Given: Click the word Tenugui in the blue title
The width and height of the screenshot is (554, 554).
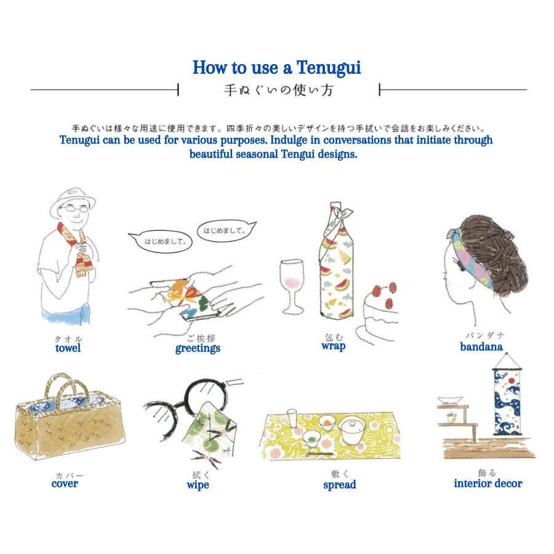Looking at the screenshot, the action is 329,68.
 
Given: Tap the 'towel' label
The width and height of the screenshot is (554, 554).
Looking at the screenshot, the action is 68,348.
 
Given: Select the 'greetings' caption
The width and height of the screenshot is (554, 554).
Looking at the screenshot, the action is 198,349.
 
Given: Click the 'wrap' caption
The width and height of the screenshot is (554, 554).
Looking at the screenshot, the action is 334,346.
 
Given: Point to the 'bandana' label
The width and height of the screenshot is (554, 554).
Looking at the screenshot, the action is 481,347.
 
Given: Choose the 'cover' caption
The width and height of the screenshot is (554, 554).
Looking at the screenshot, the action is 65,483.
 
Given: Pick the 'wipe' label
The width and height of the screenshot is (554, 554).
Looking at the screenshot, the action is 198,485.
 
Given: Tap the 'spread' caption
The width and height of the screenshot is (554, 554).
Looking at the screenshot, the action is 340,485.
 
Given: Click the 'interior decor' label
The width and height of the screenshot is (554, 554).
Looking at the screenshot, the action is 488,483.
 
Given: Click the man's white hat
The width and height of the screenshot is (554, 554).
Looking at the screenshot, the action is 72,201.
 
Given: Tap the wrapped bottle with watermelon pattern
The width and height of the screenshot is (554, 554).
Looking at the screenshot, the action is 337,261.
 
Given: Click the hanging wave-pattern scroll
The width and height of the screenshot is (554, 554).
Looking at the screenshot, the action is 508,399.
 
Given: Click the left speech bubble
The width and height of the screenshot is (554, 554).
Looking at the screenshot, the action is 161,241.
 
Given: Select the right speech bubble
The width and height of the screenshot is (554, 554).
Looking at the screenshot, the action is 226,231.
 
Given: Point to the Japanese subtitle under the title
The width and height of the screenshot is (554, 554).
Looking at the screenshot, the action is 279,90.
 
